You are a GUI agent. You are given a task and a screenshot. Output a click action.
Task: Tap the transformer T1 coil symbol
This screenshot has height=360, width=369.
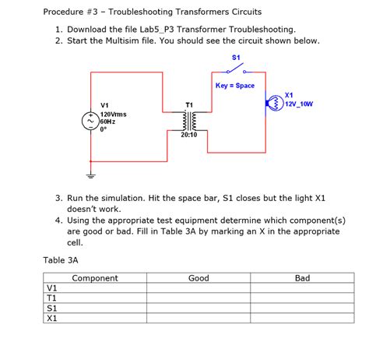coord(188,121)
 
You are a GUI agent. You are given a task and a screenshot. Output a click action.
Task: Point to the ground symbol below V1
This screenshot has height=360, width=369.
coord(90,175)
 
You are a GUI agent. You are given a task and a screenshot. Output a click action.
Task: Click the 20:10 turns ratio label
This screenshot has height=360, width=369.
coord(189,136)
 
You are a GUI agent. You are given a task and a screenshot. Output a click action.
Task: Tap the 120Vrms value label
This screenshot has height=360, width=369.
coord(114,114)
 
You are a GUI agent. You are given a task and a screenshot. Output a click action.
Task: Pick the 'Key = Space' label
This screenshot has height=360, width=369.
coord(235,85)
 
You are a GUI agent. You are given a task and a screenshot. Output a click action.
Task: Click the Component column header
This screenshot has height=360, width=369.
coord(95,278)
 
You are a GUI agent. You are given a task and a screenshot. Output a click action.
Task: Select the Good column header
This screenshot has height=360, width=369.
coord(199,278)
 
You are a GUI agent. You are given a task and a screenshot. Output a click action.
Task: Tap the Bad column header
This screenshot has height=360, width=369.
coord(302,278)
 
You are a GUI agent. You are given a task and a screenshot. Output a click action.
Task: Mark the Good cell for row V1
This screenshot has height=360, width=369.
coord(199,288)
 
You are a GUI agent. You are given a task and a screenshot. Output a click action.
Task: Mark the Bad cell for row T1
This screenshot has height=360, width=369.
coord(302,298)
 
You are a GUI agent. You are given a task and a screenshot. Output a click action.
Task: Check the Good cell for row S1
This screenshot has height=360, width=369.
coord(199,308)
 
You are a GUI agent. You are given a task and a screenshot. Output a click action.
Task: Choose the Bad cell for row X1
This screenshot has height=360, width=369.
coord(302,318)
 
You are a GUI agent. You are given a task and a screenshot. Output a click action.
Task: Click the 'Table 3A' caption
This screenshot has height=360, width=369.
coord(61,259)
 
